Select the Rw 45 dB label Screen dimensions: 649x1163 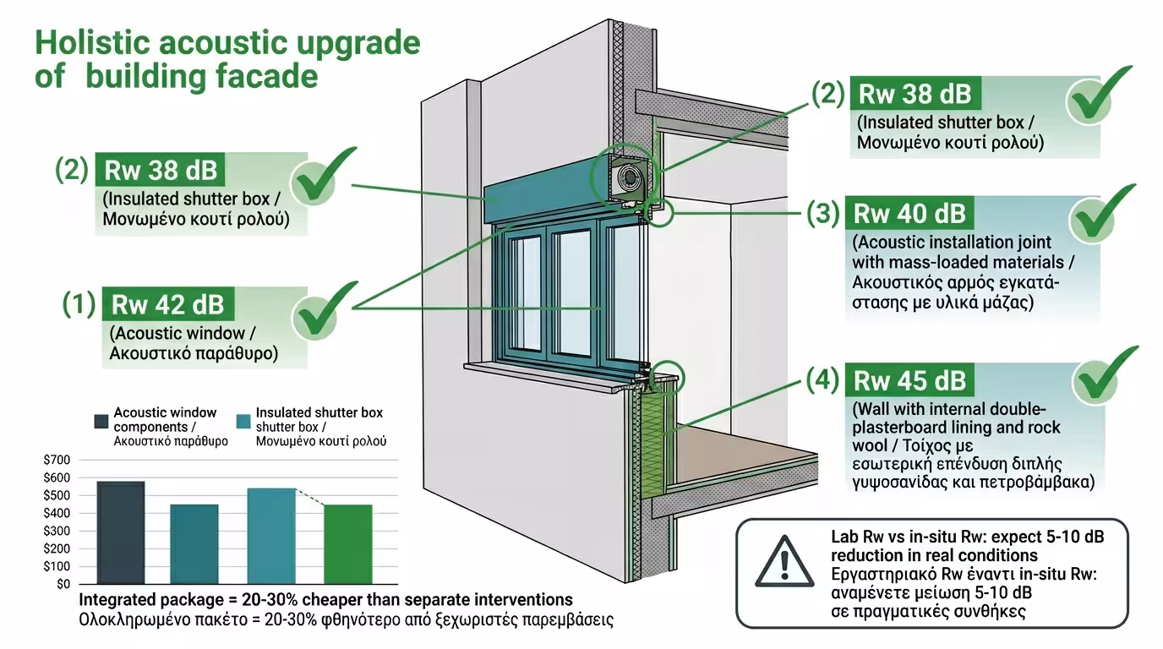point(909,380)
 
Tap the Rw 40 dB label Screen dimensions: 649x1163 point(909,213)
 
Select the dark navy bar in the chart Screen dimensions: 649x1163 point(121,532)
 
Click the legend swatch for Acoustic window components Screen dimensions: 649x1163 point(100,421)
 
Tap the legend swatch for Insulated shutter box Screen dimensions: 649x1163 point(243,421)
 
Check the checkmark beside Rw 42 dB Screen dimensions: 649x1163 point(325,308)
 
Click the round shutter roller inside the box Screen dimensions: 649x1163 point(629,177)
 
